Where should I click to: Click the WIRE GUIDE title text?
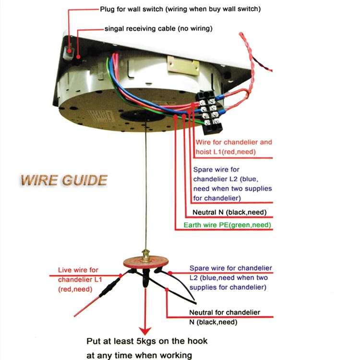click(x=63, y=180)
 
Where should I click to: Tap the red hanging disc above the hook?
click(x=146, y=261)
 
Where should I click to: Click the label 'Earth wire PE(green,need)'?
click(x=228, y=225)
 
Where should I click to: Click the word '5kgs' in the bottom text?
click(x=151, y=341)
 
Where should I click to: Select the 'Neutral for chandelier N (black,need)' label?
click(x=224, y=317)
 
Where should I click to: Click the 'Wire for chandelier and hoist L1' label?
click(x=233, y=147)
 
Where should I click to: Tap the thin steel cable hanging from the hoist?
click(x=144, y=192)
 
